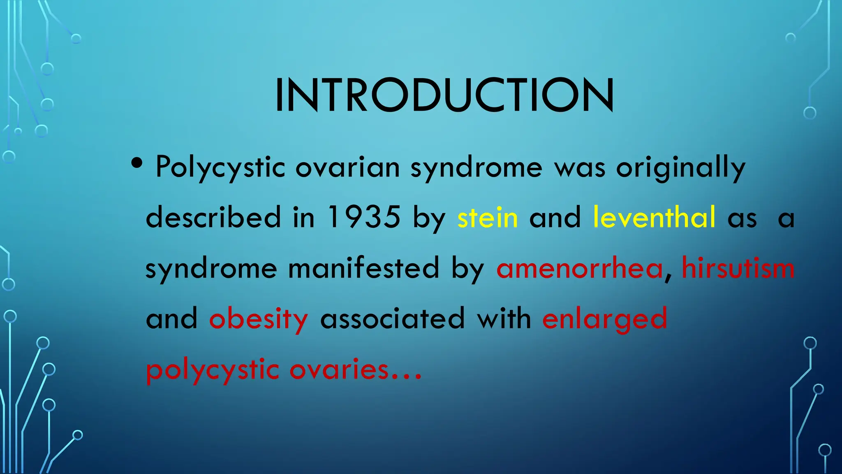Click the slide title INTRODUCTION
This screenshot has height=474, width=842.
click(444, 95)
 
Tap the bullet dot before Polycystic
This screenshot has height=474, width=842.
click(137, 164)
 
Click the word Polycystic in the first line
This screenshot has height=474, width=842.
click(220, 168)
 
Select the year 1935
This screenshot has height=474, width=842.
click(364, 217)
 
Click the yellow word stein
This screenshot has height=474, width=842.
click(488, 217)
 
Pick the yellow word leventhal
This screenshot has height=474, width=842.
click(654, 217)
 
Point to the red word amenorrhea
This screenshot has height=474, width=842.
click(580, 268)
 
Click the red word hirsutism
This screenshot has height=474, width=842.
click(738, 268)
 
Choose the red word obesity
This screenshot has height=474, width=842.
click(258, 319)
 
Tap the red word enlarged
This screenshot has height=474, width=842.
click(604, 319)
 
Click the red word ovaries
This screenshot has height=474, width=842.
click(339, 369)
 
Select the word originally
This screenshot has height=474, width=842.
click(680, 168)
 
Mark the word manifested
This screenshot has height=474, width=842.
click(364, 268)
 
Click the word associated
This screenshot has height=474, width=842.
click(392, 319)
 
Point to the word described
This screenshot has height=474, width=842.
click(213, 217)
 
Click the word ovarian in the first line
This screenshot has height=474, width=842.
click(347, 168)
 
